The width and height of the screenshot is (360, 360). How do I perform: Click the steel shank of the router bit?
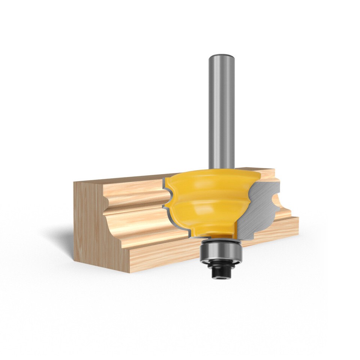point(222,112)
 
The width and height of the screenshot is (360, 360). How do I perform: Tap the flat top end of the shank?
point(222,55)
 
